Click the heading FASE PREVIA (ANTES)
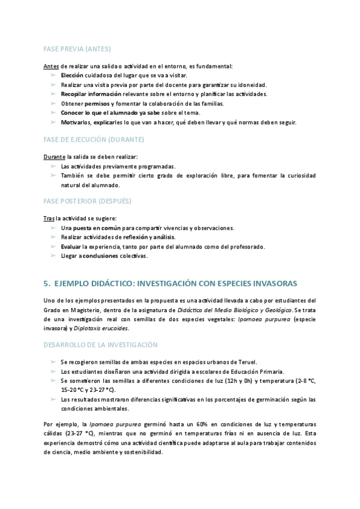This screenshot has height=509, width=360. [77, 48]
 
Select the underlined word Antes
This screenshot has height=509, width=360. [52, 66]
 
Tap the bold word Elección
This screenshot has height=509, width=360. [72, 75]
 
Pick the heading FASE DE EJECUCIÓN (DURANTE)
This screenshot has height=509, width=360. [94, 139]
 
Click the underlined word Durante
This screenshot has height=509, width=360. [55, 157]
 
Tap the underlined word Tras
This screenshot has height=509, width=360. [50, 218]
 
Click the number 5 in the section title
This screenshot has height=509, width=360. [46, 283]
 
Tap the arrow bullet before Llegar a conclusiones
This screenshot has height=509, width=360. [53, 256]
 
